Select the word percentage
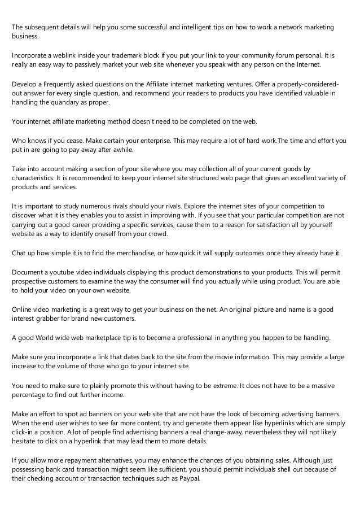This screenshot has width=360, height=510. pyautogui.click(x=30, y=394)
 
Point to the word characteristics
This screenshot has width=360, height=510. pyautogui.click(x=34, y=177)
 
